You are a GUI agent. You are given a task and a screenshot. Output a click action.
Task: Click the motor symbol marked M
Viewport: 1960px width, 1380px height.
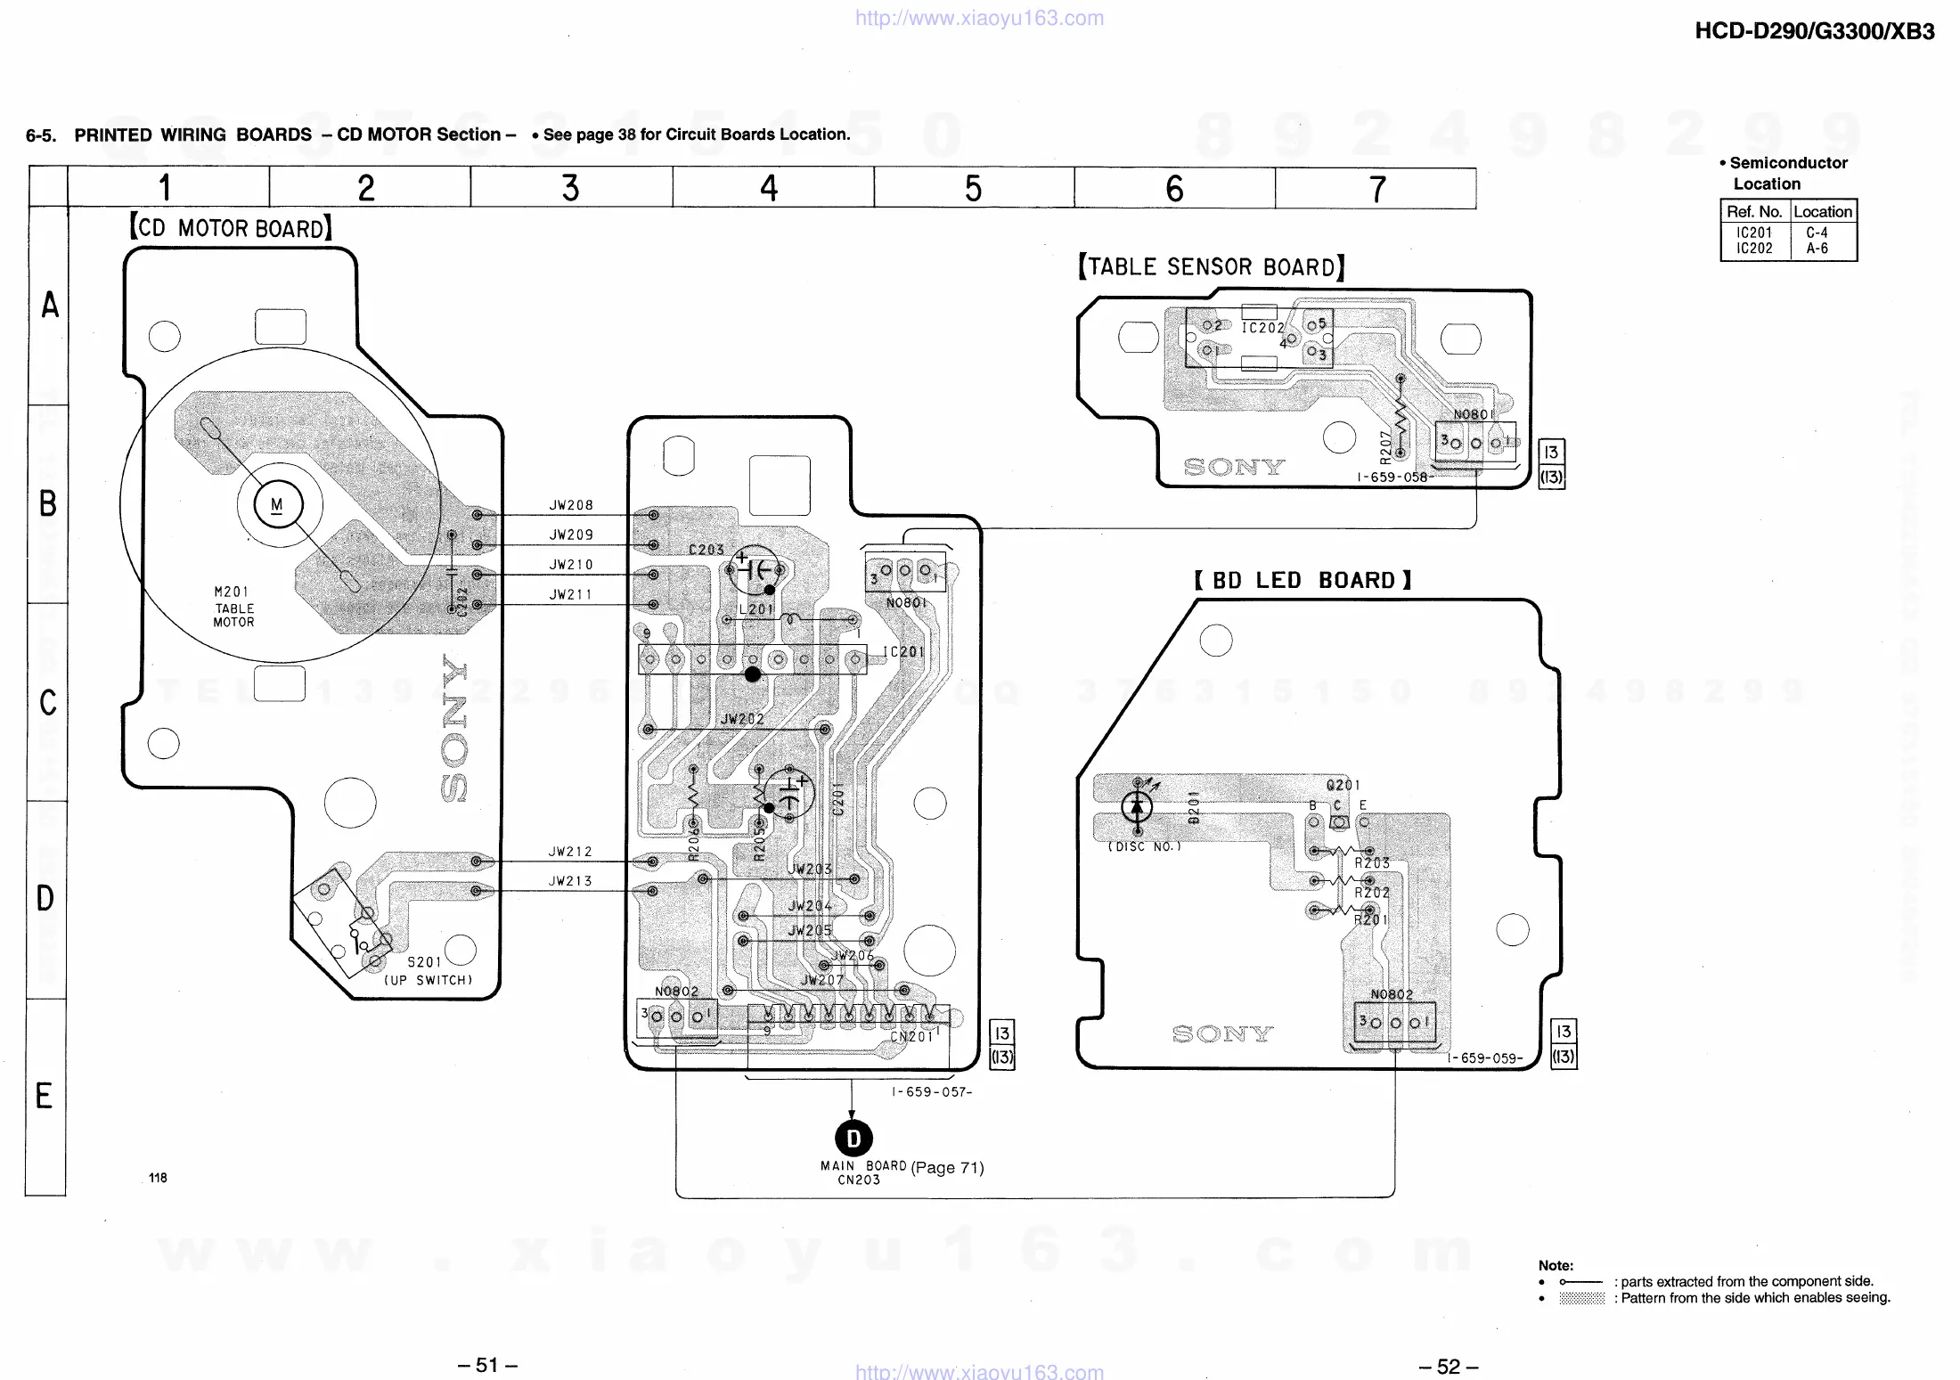(x=278, y=505)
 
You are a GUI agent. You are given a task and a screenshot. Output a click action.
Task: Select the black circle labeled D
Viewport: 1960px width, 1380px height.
(x=853, y=1138)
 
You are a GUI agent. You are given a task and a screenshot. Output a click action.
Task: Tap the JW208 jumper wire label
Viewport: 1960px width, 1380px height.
(x=571, y=505)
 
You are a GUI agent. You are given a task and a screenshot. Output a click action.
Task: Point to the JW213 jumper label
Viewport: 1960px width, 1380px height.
(x=570, y=881)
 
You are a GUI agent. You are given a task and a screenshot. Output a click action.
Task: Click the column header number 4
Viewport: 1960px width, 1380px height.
(x=769, y=188)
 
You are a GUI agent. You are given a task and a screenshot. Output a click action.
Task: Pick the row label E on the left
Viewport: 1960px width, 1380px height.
(x=45, y=1096)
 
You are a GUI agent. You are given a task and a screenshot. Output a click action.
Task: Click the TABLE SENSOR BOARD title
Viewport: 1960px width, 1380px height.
(x=1212, y=267)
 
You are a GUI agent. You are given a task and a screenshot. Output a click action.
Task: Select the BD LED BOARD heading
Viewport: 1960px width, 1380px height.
(x=1303, y=581)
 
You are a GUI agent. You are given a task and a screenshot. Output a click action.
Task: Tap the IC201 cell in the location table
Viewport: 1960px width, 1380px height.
(x=1754, y=233)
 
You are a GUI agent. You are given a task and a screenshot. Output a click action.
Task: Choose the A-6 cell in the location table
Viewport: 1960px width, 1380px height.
(x=1817, y=249)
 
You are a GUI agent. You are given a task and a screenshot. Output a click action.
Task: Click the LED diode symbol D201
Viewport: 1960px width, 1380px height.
(x=1136, y=807)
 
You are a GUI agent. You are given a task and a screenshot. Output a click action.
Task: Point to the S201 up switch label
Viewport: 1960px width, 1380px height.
(x=424, y=962)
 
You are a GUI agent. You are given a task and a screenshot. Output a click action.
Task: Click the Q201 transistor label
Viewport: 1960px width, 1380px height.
(x=1343, y=785)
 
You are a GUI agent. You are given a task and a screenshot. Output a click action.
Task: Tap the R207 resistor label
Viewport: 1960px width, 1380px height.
(x=1385, y=447)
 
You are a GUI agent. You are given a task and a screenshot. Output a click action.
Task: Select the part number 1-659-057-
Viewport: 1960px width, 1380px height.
(x=932, y=1092)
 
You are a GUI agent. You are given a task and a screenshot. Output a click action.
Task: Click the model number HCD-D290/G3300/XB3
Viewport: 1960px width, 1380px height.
(x=1814, y=32)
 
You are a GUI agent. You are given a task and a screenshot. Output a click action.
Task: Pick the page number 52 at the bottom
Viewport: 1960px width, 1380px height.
(x=1449, y=1366)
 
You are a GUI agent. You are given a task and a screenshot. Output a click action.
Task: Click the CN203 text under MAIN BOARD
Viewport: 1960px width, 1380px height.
(x=858, y=1180)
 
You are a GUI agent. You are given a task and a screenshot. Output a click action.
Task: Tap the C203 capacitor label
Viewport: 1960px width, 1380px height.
(x=706, y=550)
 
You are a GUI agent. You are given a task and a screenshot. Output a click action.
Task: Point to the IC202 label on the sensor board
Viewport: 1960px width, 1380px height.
(x=1262, y=328)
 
